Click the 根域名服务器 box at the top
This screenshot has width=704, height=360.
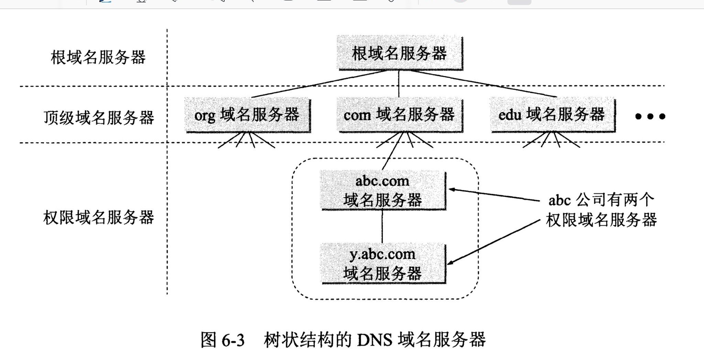400,53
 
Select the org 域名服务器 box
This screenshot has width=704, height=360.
247,115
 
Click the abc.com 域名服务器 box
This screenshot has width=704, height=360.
383,190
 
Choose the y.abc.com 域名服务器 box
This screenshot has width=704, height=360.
383,263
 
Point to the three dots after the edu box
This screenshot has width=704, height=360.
650,117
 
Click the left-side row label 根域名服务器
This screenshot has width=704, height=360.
98,57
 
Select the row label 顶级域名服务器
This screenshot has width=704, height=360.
99,118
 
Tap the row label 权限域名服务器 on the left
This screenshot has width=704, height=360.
99,218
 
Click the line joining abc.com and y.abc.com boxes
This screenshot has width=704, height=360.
382,226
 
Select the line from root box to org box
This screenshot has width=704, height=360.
320,84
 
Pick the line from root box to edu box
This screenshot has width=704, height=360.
481,83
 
